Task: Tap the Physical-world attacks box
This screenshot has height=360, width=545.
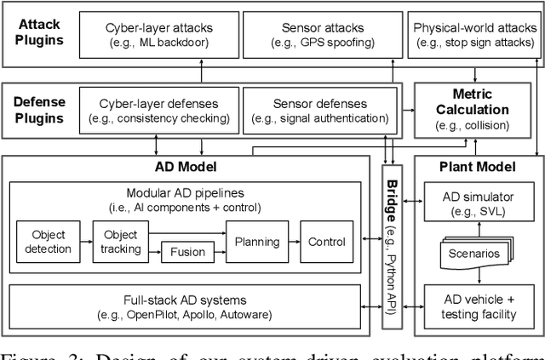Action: click(x=473, y=34)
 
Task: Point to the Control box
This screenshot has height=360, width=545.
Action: click(x=326, y=241)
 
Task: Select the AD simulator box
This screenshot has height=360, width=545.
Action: click(x=476, y=204)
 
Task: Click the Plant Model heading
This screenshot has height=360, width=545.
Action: click(x=475, y=167)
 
